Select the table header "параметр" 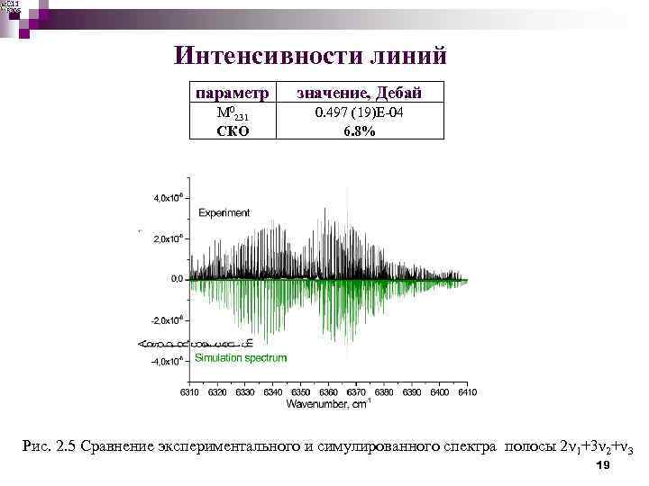tap(233, 93)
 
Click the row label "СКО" tap(233, 130)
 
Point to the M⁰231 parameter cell tap(233, 114)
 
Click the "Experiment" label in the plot tap(224, 213)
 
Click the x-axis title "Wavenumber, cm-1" tap(327, 405)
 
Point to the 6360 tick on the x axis tap(329, 393)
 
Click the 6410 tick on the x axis tap(466, 393)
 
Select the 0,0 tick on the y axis tap(174, 279)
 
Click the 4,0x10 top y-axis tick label tap(169, 197)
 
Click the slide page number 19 tap(604, 464)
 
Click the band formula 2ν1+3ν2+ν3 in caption tap(596, 446)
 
